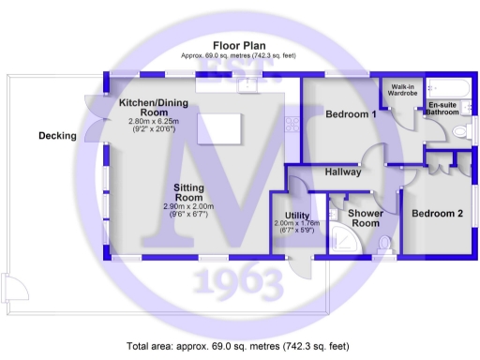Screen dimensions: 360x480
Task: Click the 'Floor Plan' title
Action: (x=239, y=45)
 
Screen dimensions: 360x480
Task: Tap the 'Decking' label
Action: (x=57, y=136)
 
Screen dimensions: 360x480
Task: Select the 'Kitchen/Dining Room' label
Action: (x=153, y=107)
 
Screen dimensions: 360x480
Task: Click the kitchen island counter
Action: (x=219, y=127)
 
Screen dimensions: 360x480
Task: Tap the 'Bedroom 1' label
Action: (x=350, y=114)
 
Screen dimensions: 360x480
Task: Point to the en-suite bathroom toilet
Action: (x=460, y=132)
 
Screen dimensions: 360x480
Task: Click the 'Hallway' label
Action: (x=344, y=172)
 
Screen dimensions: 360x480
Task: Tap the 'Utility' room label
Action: (x=297, y=217)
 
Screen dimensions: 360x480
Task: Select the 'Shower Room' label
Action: (x=365, y=218)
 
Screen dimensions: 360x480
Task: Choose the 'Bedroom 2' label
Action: (x=437, y=214)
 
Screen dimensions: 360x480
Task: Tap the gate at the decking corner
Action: (x=11, y=287)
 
